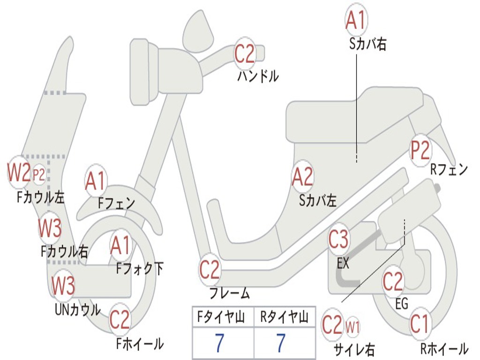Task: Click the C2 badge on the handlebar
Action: coord(245,54)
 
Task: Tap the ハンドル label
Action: coord(258,76)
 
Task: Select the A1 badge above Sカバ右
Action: coord(356,20)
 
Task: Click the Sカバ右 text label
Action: coord(367,45)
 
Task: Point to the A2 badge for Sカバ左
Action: coord(302,177)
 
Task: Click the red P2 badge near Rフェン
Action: coord(420,150)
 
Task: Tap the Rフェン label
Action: coord(449,169)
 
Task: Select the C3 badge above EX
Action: coord(338,239)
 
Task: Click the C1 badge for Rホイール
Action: coord(420,323)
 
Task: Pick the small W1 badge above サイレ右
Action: coord(352,327)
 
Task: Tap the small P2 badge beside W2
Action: coord(39,175)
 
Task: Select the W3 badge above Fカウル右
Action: coord(50,228)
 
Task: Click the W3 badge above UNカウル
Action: coord(63,285)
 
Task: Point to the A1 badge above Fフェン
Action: coord(96,180)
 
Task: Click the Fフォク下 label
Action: coord(140,269)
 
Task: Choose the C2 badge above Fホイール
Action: coord(120,319)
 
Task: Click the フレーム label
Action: coord(230,293)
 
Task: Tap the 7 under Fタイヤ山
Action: coord(219,343)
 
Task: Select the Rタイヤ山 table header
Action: coord(285,317)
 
